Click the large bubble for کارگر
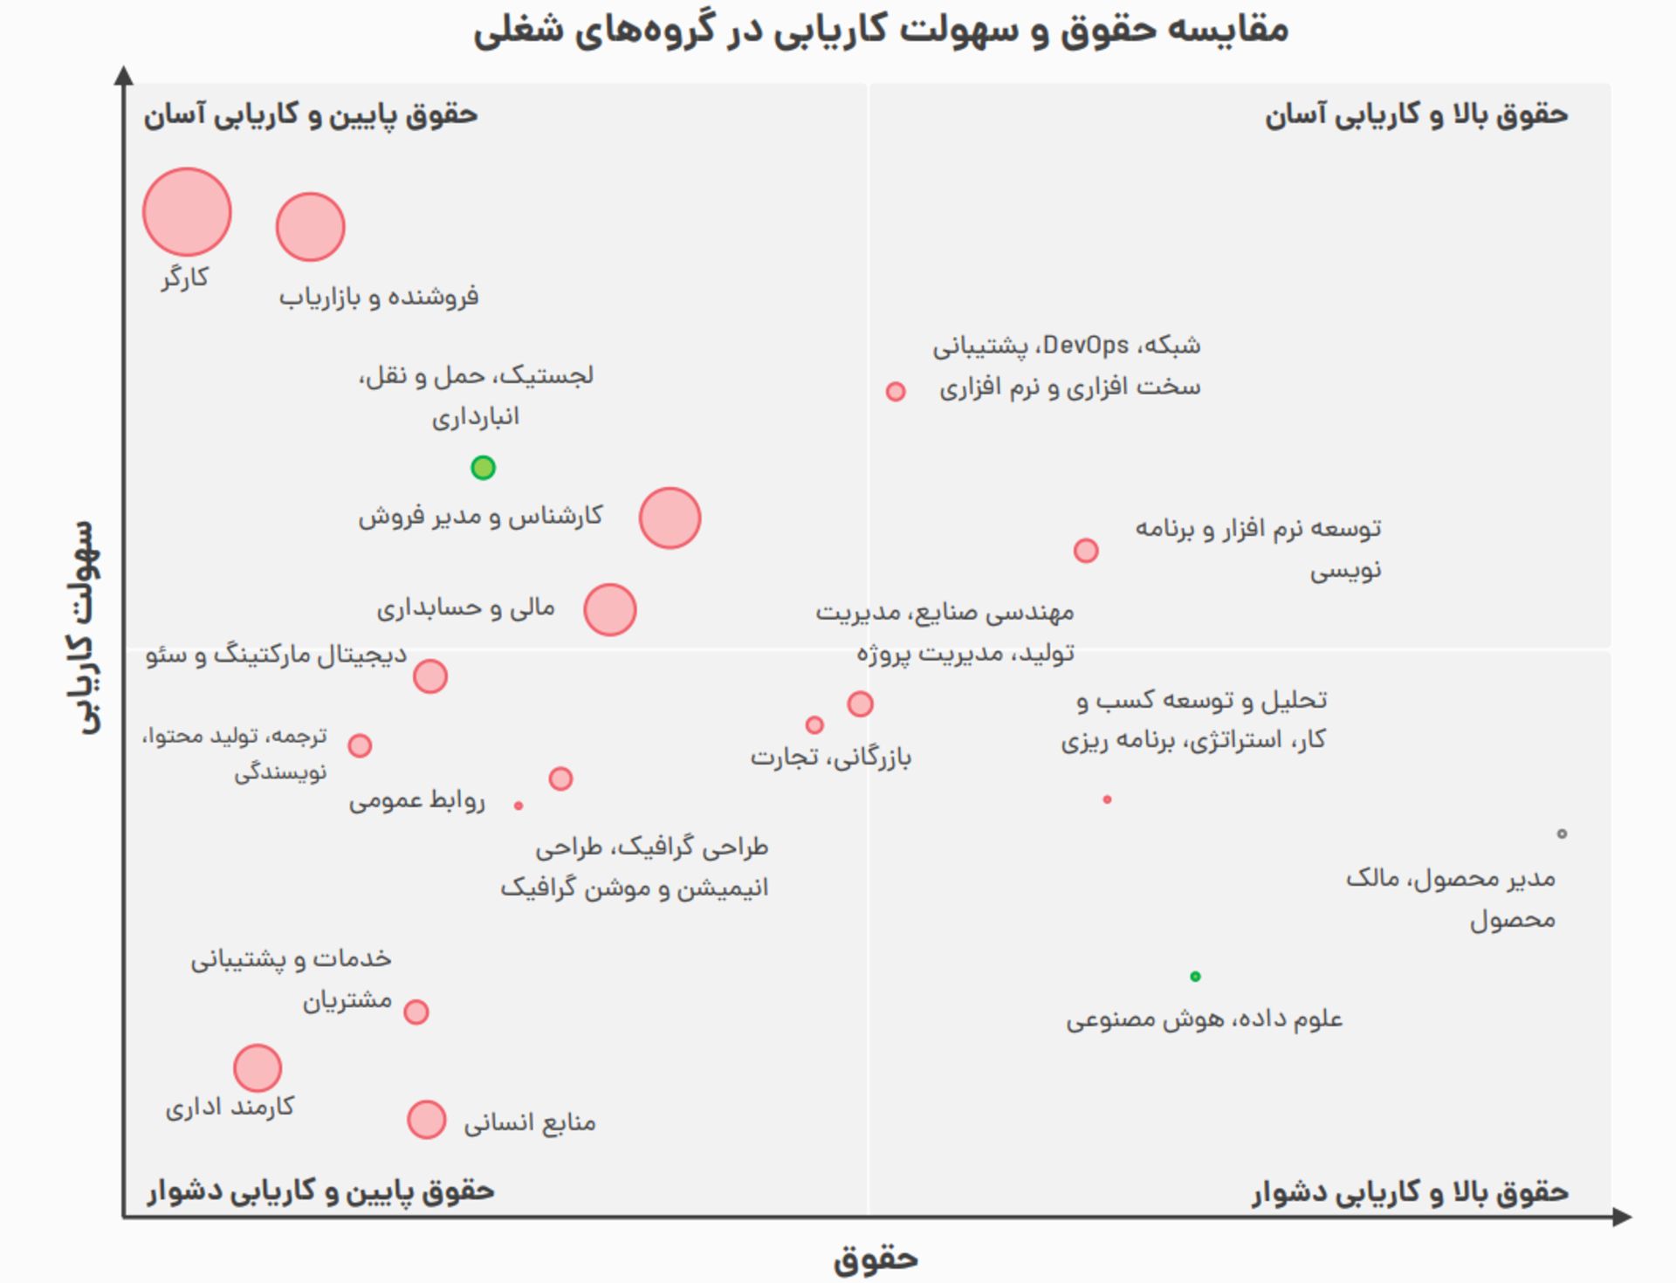tap(187, 212)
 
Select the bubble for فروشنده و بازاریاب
tap(310, 227)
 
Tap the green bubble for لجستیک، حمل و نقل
tap(483, 468)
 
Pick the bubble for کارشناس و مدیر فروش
tap(670, 518)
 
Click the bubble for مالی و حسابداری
tap(609, 609)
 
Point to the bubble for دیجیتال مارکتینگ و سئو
tap(429, 676)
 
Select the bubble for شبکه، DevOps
tap(895, 391)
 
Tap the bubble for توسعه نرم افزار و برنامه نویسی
tap(1085, 551)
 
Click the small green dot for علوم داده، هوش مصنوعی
tap(1195, 976)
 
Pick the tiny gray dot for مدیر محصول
tap(1562, 834)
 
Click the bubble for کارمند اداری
tap(258, 1067)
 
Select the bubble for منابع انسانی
tap(426, 1120)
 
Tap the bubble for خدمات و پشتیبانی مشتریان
tap(416, 1012)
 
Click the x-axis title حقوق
tap(876, 1259)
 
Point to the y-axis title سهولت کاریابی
tap(88, 627)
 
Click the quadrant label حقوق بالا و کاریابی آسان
tap(1416, 114)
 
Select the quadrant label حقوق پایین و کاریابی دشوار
tap(320, 1191)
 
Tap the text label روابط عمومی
tap(416, 800)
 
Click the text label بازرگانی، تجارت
tap(831, 757)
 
